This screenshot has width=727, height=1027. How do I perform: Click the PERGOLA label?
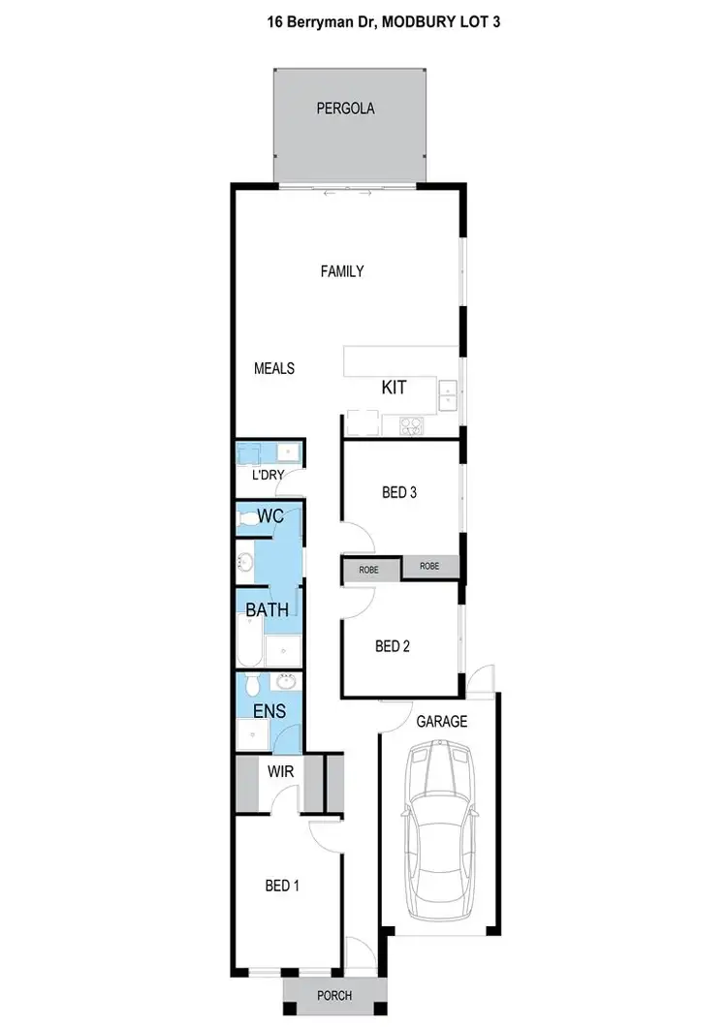tap(345, 109)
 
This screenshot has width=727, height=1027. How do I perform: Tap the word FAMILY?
tap(342, 271)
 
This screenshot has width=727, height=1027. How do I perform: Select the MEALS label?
tap(274, 368)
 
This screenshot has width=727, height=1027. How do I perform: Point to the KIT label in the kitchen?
tap(394, 388)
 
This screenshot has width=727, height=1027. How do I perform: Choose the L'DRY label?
tap(267, 477)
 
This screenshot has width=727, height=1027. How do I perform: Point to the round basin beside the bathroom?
tap(246, 562)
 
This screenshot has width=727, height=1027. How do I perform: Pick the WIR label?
tap(281, 773)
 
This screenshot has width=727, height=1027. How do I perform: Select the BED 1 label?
tap(283, 885)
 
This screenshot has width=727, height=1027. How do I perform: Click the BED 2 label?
tap(393, 646)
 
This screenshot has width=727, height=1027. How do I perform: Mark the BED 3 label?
tap(398, 492)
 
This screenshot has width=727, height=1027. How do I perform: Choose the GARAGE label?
tap(442, 721)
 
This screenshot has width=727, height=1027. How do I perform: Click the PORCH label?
tap(333, 995)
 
